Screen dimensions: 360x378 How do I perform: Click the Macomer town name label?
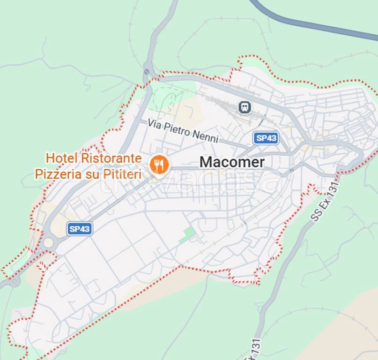click(x=232, y=162)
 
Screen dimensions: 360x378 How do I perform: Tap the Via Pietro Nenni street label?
click(x=183, y=131)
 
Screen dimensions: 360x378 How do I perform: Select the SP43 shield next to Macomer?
click(x=266, y=138)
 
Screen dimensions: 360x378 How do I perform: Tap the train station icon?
click(x=244, y=107)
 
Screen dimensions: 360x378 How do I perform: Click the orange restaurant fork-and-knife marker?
click(x=159, y=165)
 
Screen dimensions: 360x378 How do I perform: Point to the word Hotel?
click(x=62, y=158)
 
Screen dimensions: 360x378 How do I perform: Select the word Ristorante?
click(x=111, y=158)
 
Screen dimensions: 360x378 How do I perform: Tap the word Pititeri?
click(x=120, y=174)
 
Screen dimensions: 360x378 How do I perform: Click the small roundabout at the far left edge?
click(x=15, y=281)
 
